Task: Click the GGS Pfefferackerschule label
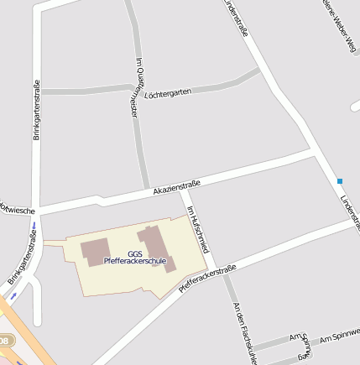135,257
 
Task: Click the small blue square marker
340,181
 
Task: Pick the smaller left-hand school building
95,251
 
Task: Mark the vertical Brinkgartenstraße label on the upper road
36,109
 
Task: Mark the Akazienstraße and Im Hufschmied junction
181,191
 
